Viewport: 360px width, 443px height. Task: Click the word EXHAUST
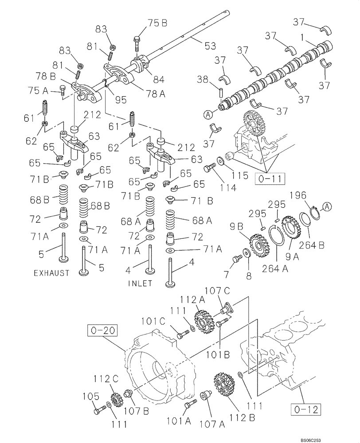52,273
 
